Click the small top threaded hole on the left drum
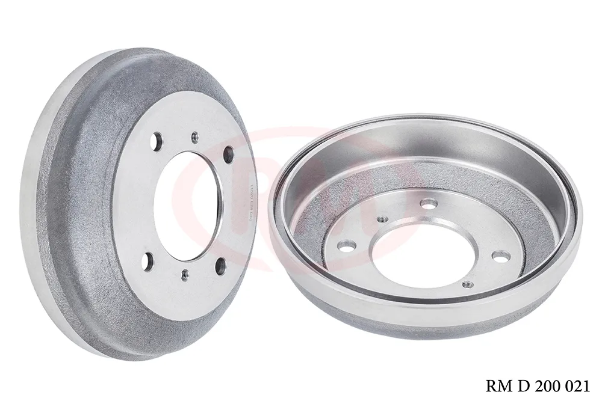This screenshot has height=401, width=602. click(194, 137)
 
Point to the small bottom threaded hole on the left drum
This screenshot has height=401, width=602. click(185, 275)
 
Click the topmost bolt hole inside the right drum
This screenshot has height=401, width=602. click(428, 204)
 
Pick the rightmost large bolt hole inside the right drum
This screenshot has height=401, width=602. click(499, 256)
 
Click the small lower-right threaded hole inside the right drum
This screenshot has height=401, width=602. click(466, 283)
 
